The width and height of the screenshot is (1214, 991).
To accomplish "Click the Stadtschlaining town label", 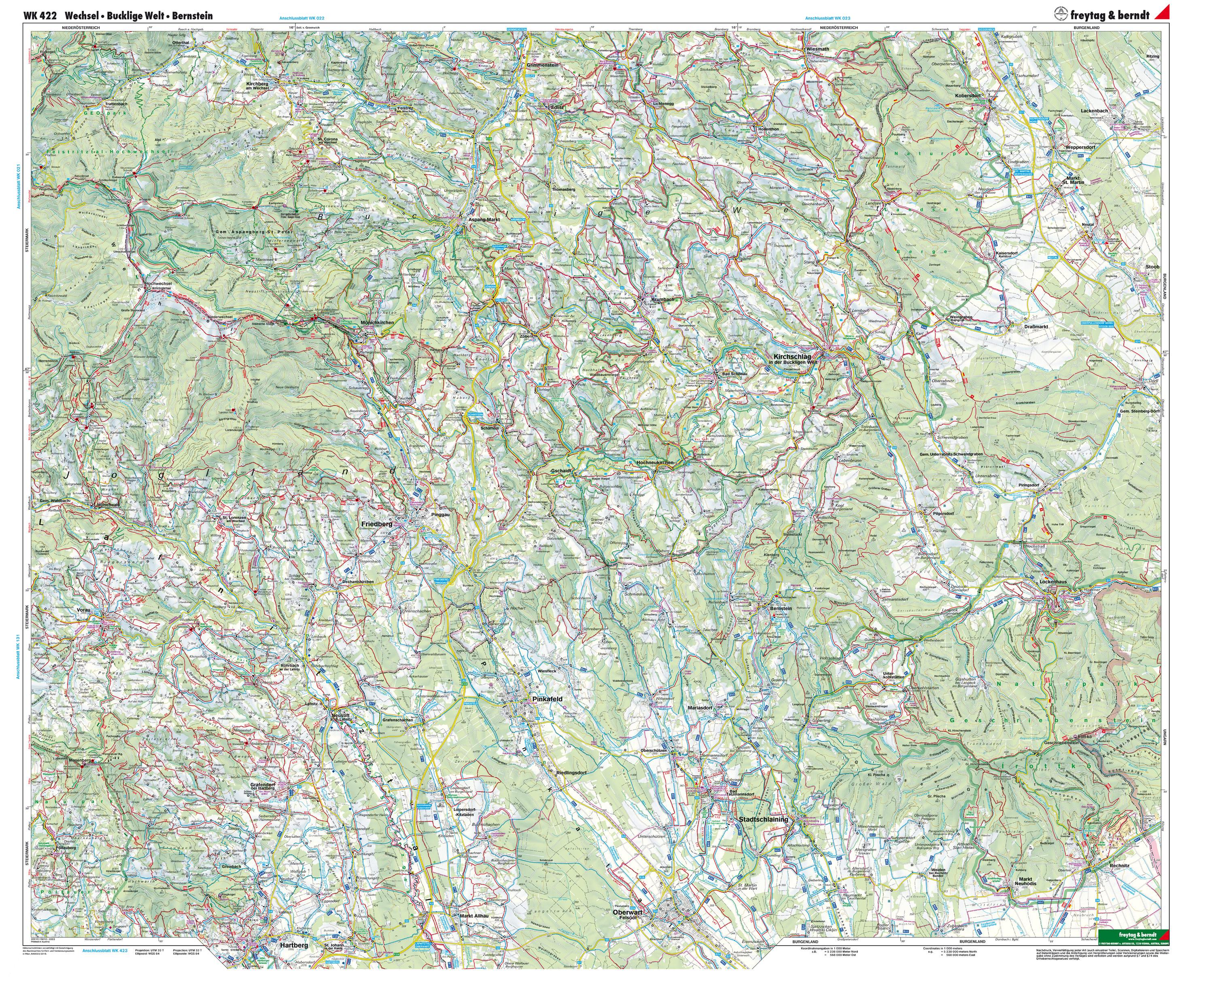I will tap(764, 819).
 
